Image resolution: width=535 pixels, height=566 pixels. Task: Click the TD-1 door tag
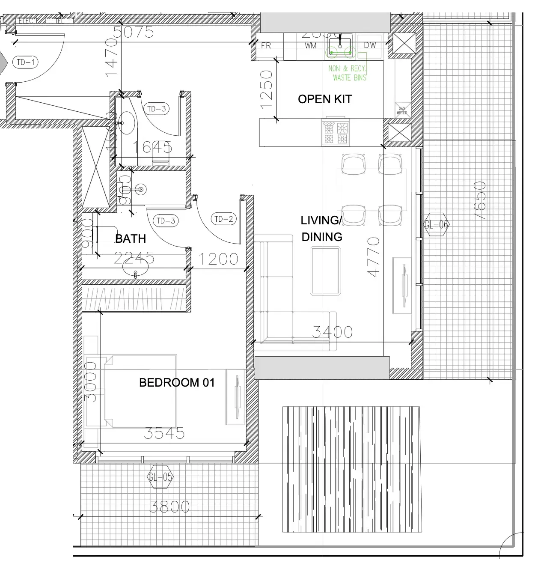click(x=25, y=62)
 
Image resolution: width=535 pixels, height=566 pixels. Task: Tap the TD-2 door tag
click(x=223, y=219)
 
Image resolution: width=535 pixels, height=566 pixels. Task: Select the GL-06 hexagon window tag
click(x=437, y=225)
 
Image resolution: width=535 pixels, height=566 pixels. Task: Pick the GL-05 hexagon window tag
click(x=160, y=477)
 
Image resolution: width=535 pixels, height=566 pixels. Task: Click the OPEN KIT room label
click(x=325, y=99)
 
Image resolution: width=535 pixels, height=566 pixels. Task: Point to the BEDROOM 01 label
click(x=177, y=382)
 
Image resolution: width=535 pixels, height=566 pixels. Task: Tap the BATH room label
click(x=131, y=238)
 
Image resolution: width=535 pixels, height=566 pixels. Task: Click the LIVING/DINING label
click(x=321, y=229)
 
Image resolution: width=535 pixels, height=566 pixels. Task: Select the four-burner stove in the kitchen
click(x=336, y=133)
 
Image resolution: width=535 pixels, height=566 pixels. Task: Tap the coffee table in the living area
click(x=326, y=271)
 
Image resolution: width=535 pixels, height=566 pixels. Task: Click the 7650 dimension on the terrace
click(x=480, y=201)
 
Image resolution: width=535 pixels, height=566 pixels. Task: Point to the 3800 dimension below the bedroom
click(x=169, y=507)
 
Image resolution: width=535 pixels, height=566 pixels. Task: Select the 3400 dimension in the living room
click(x=333, y=332)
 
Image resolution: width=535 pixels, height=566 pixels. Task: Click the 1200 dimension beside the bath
click(x=218, y=259)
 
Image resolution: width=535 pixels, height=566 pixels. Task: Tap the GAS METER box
click(x=402, y=110)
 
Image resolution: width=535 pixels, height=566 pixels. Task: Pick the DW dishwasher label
click(x=370, y=45)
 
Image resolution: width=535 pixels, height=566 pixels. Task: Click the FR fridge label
click(x=266, y=45)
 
